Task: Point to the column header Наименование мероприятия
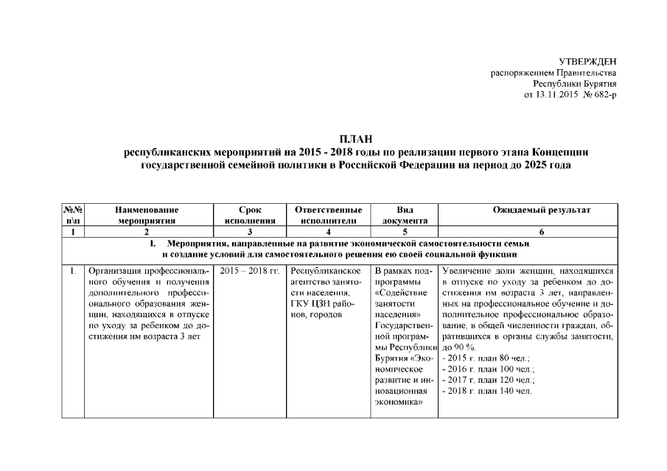pos(147,215)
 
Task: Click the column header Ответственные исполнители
pos(327,215)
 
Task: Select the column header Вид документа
pos(405,215)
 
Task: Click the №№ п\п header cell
pos(73,215)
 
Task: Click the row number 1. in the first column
pos(73,271)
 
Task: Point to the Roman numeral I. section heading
pos(152,243)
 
